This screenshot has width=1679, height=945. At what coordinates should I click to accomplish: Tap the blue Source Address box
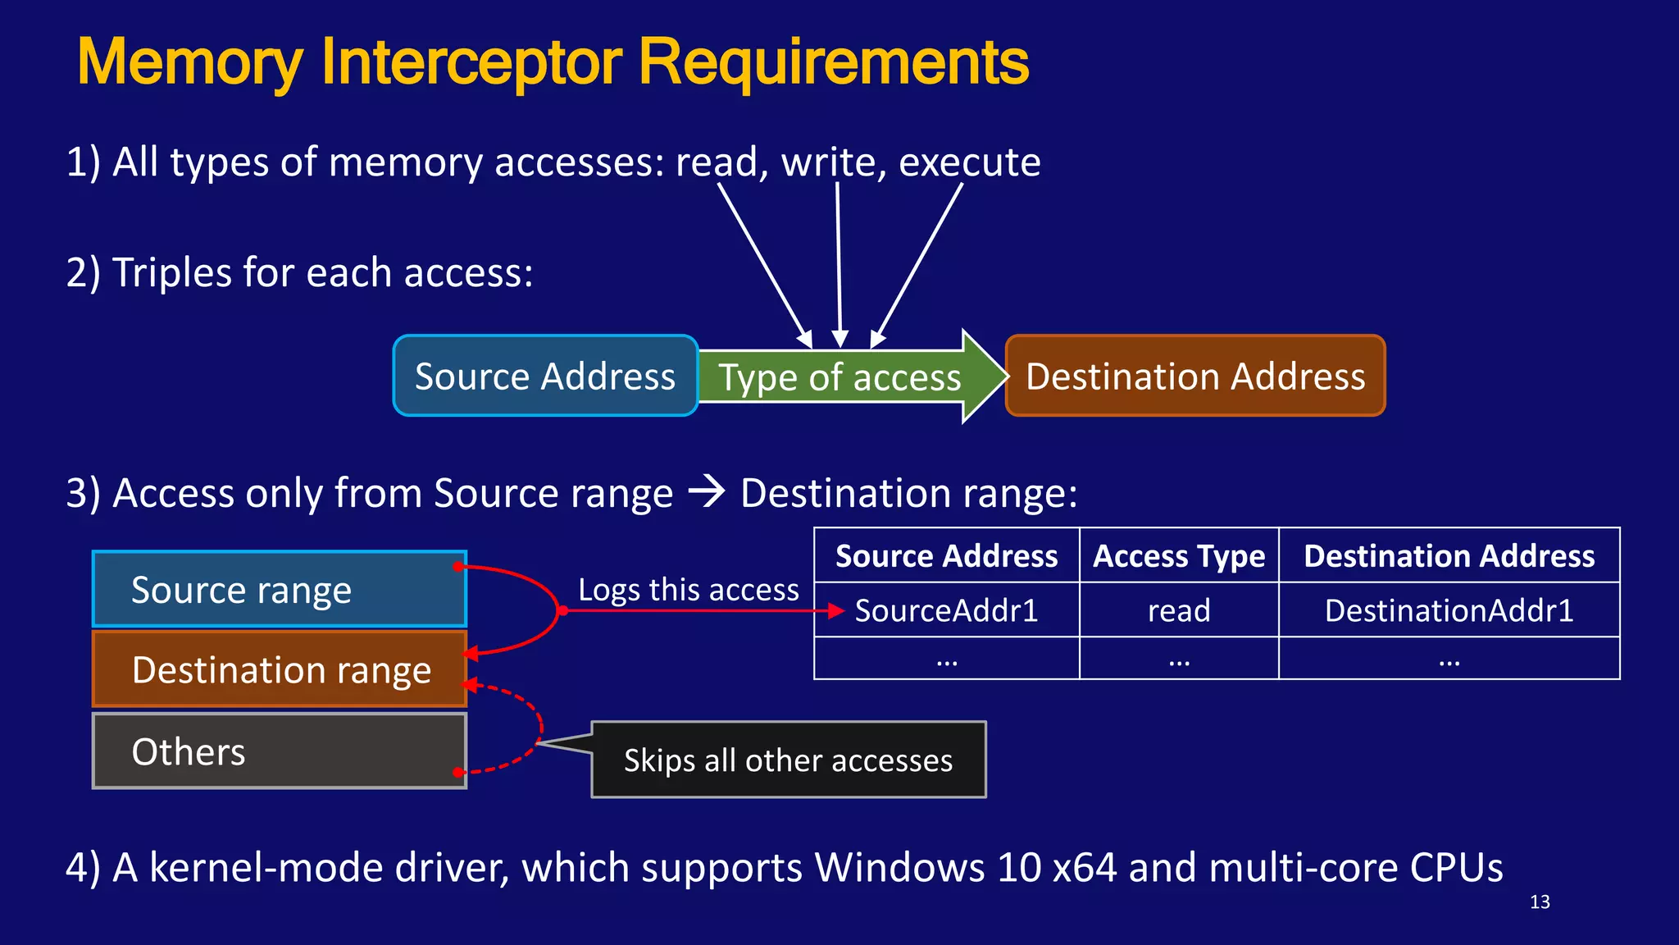545,377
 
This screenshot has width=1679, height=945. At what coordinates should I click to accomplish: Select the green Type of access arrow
840,377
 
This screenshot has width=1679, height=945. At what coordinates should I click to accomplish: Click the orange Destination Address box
1195,377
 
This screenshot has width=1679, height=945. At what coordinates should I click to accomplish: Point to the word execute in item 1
969,162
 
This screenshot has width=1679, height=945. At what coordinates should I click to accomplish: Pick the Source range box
279,590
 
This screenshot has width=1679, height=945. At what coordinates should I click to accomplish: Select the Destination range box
279,669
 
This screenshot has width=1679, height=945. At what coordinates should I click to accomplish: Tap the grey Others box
279,751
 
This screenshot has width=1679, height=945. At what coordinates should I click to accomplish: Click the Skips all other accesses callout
788,760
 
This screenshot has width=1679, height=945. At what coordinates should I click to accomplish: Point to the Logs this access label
688,590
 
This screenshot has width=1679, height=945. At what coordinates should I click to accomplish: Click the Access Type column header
1179,556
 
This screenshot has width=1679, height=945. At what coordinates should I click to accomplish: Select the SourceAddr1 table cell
946,610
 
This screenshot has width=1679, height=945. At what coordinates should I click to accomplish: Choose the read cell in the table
1179,610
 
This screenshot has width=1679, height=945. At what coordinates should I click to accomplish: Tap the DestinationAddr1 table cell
1449,610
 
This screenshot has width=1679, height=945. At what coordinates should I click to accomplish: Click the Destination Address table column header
1449,556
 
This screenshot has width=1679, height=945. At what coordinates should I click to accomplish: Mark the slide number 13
1540,902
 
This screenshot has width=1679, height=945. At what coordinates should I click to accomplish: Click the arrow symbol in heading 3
707,491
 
